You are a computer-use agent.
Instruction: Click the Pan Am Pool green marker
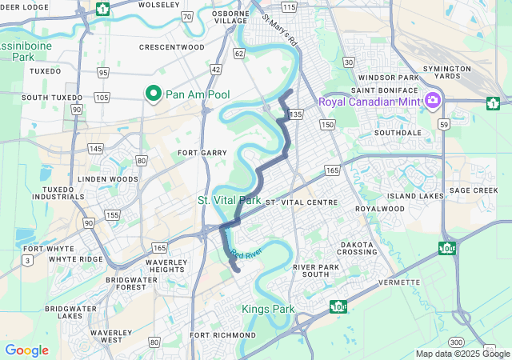pyautogui.click(x=154, y=94)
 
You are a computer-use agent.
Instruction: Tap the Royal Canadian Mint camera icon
pyautogui.click(x=432, y=101)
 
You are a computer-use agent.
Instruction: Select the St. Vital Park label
pyautogui.click(x=230, y=199)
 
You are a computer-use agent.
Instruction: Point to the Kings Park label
pyautogui.click(x=268, y=309)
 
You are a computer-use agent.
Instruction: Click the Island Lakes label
pyautogui.click(x=415, y=196)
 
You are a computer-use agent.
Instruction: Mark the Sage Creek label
pyautogui.click(x=474, y=190)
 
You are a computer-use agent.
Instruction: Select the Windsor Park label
pyautogui.click(x=389, y=78)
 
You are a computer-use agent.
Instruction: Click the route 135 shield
pyautogui.click(x=296, y=114)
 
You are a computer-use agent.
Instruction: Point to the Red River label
pyautogui.click(x=246, y=253)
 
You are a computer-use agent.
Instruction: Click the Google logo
pyautogui.click(x=26, y=350)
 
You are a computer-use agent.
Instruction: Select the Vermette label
pyautogui.click(x=400, y=282)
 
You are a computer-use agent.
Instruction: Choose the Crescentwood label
pyautogui.click(x=171, y=47)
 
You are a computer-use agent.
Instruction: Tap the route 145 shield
pyautogui.click(x=96, y=149)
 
